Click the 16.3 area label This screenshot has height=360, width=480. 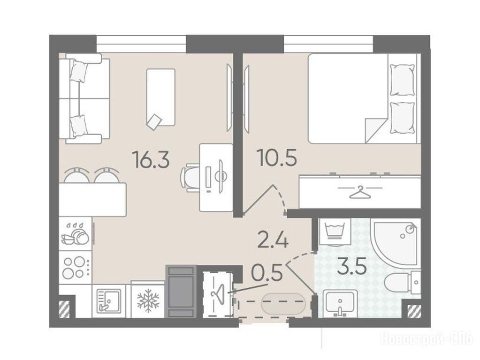pos(151,160)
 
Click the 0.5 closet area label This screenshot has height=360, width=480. pos(266,273)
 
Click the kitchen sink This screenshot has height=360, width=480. pos(108,301)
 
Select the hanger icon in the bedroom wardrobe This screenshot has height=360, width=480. pos(360,192)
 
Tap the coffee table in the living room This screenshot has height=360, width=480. pos(161,97)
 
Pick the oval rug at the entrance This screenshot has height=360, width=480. pos(283,303)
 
